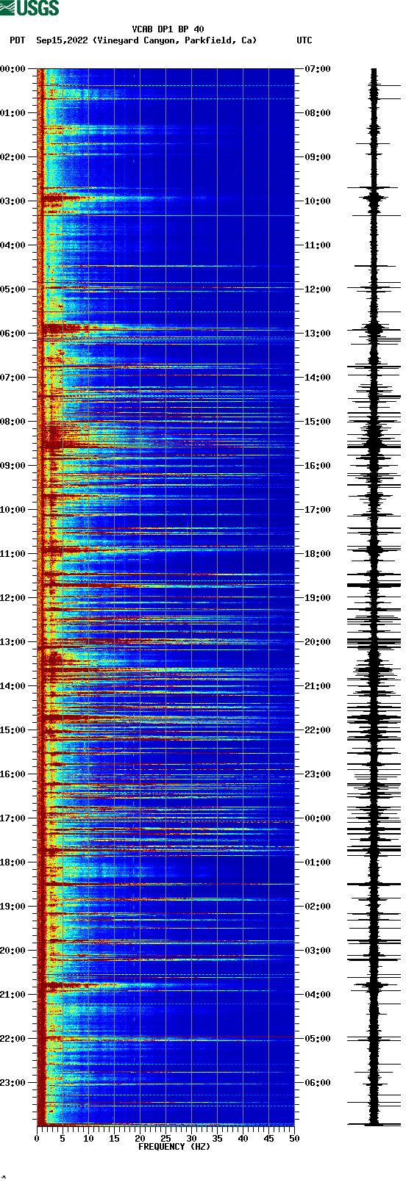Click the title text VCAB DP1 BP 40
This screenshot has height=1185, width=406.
[168, 29]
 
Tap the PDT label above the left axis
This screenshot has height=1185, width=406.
[17, 40]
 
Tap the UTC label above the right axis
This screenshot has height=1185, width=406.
[304, 40]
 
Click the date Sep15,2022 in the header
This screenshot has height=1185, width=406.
[63, 40]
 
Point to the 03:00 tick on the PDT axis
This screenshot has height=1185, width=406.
[13, 201]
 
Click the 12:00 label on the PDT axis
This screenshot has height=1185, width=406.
[13, 598]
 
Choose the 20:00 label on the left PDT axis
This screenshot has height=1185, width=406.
[13, 951]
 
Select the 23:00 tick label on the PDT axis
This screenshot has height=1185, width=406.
[13, 1083]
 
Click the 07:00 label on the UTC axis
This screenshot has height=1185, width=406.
[318, 69]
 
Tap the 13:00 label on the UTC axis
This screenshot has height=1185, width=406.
[318, 334]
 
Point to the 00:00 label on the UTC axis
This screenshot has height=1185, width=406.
[318, 818]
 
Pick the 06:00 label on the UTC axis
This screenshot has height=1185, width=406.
[318, 1083]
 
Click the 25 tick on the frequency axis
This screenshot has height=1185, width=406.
[165, 1139]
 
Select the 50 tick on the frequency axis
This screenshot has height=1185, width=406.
[294, 1139]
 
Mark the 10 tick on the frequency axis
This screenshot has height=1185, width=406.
[88, 1139]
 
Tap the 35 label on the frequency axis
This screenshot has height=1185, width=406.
[217, 1139]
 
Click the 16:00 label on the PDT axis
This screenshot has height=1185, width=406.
[13, 774]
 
